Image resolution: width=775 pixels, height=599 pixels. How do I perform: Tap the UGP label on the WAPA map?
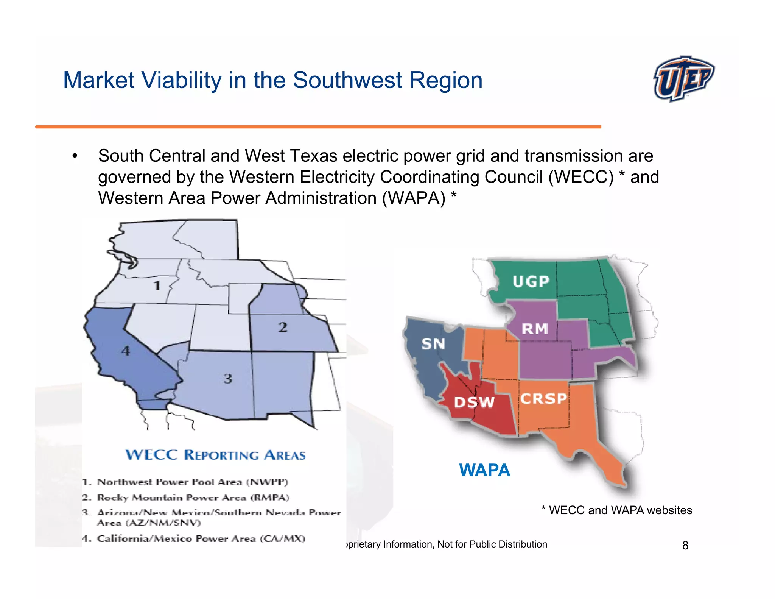coord(531,281)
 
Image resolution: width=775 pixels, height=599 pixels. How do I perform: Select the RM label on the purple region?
coord(535,329)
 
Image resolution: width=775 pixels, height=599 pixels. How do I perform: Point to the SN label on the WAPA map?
coord(433,344)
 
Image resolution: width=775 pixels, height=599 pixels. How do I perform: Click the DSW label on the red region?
coord(474,402)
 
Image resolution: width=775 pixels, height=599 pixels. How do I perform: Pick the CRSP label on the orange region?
coord(544,398)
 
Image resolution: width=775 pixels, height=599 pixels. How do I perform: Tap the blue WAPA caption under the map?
coord(484,470)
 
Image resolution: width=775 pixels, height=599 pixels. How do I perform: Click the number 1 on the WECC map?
coord(157,285)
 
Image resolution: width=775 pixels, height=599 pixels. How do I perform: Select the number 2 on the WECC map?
coord(283,327)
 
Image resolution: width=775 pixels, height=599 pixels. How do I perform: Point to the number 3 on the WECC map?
coord(228,378)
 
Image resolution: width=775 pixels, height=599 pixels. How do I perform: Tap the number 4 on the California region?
coord(126,351)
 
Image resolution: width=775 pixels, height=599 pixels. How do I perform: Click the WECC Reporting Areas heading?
coord(215,455)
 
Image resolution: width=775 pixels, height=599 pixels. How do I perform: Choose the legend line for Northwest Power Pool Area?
coord(185,482)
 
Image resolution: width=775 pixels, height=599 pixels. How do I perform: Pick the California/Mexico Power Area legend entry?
coord(194,538)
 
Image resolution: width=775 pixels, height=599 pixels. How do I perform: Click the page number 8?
coord(685,545)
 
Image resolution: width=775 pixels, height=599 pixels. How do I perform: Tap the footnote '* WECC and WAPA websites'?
coord(616,510)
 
